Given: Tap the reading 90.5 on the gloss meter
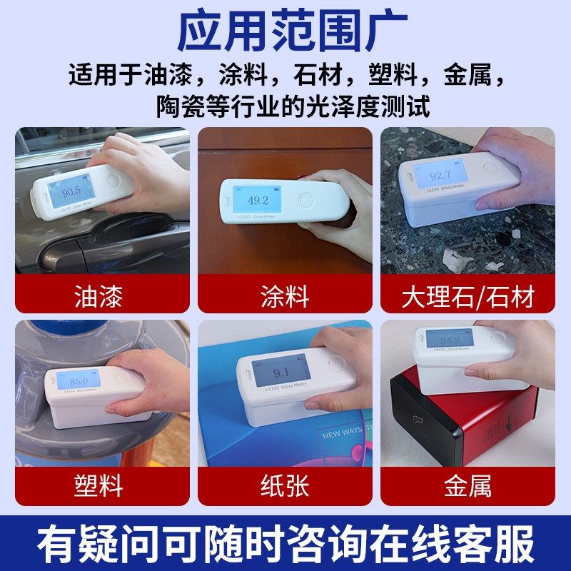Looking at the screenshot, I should coord(71,192).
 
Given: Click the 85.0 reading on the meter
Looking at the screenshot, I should coord(79,380).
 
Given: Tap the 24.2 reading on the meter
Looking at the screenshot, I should coord(450,340).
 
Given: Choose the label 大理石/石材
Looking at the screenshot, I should coord(468,296).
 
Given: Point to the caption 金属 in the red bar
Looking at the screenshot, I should coord(468,487).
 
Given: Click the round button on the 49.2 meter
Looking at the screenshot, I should coord(305,201).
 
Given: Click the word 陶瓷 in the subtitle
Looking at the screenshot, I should coord(182,107).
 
